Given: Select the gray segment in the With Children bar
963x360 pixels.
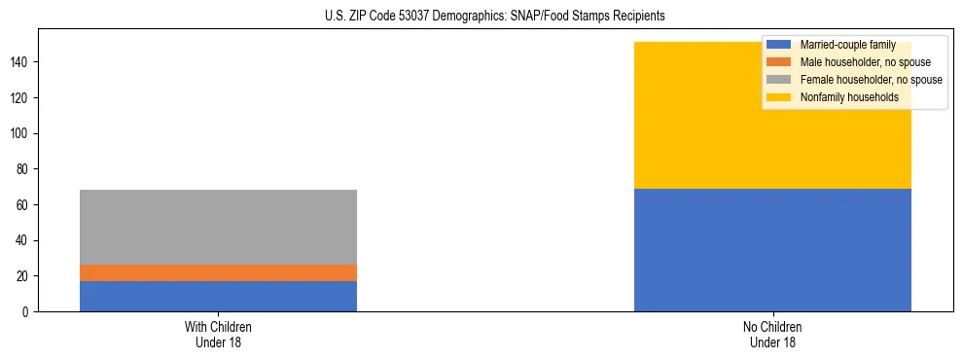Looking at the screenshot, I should [218, 227].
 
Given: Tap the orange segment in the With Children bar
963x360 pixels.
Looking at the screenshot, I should [218, 272].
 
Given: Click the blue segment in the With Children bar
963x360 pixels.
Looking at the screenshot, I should [218, 296].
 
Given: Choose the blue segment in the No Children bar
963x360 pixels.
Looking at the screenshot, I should [772, 250].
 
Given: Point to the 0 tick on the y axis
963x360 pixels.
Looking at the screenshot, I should [27, 312].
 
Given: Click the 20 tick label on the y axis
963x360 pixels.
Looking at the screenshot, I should [24, 276].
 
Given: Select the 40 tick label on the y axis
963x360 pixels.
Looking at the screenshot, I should [24, 240].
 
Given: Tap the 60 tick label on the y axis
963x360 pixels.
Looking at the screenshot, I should [24, 205].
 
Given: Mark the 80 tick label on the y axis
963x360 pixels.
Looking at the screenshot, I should [24, 169].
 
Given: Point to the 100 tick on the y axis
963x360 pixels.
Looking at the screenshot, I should [21, 133].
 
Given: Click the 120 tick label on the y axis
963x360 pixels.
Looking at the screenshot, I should [21, 98].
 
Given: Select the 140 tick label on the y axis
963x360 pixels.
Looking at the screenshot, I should [21, 62].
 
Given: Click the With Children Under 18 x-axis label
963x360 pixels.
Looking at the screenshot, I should [218, 334].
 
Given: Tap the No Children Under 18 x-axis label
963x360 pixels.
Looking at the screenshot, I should [772, 334].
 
